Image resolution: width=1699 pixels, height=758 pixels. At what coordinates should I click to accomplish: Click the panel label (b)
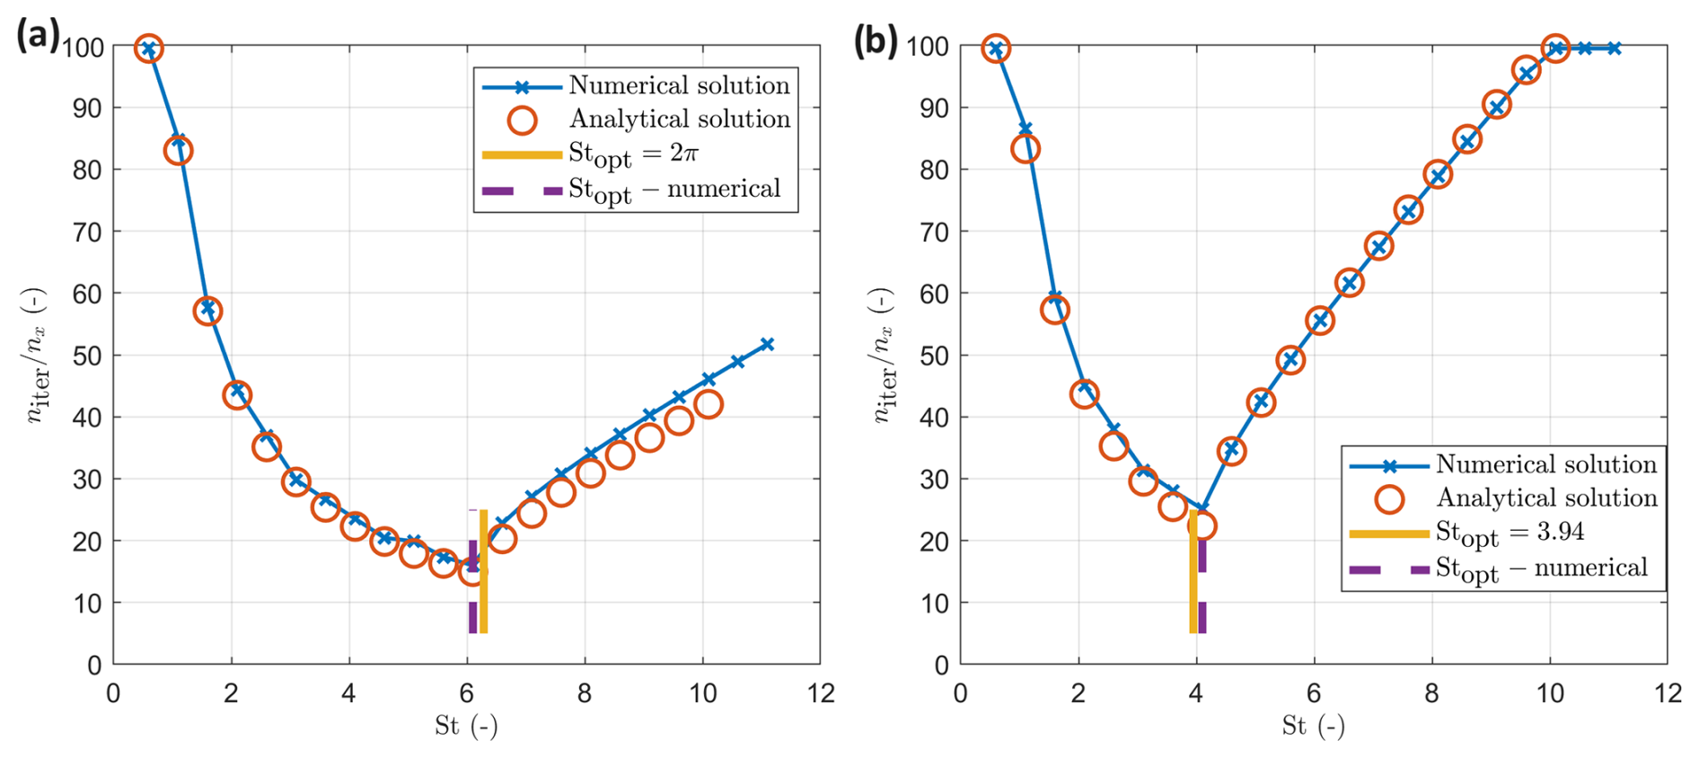[x=876, y=40]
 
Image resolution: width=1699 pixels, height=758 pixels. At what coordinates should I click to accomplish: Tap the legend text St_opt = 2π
[x=633, y=154]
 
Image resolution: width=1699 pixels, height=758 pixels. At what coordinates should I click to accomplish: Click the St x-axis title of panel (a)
[x=466, y=726]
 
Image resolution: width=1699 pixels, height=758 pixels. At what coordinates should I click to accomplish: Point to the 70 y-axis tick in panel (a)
[x=87, y=232]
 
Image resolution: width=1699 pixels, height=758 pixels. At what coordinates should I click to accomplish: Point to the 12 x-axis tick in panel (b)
[x=1667, y=694]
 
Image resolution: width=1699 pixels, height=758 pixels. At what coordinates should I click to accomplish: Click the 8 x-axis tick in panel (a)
[x=585, y=694]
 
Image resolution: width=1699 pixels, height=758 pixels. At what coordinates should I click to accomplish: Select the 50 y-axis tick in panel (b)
[x=934, y=356]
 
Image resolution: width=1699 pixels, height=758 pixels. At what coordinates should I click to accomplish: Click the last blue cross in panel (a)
[x=767, y=345]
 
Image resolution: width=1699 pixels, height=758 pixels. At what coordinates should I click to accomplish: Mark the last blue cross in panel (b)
[x=1615, y=48]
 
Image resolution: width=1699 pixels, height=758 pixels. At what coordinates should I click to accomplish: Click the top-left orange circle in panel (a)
[x=149, y=48]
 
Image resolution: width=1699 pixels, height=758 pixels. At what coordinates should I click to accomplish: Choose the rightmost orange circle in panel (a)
[x=708, y=405]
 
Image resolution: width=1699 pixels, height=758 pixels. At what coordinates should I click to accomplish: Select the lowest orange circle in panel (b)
[x=1202, y=526]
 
